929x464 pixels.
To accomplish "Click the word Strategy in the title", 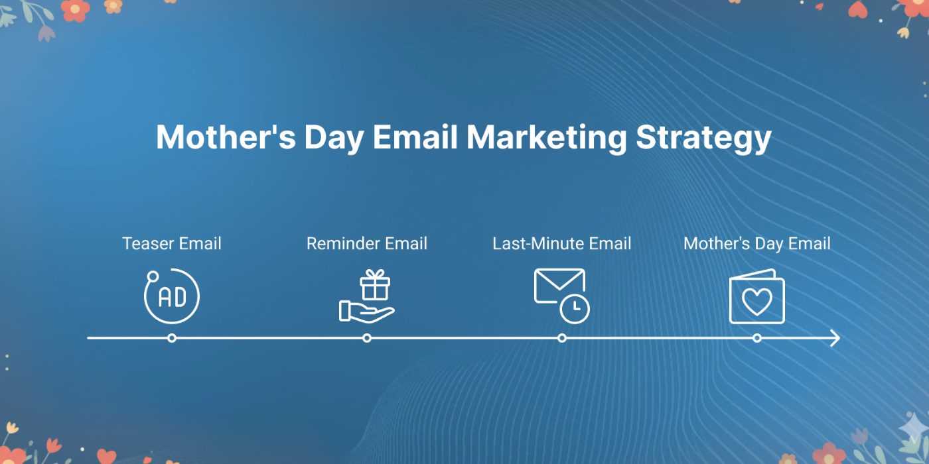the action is click(x=703, y=138).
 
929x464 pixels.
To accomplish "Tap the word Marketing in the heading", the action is click(x=547, y=138).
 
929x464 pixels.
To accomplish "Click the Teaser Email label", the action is click(x=172, y=244).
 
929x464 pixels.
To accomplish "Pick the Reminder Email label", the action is click(x=367, y=244).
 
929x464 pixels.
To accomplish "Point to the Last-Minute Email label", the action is click(x=562, y=244).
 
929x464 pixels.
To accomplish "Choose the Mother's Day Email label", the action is click(x=757, y=244).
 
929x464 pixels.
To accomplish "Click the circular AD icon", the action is click(x=173, y=297).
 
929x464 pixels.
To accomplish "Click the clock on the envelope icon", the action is click(x=575, y=309).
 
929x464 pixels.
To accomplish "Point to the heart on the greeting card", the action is click(x=757, y=302).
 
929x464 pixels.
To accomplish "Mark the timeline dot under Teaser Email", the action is click(x=172, y=338).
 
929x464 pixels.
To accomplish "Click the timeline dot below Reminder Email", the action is click(x=366, y=338).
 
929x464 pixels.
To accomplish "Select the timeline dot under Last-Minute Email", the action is click(x=562, y=338).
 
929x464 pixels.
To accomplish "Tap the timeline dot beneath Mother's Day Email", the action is click(x=757, y=338).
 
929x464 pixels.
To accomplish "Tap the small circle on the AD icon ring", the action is click(x=153, y=276).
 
